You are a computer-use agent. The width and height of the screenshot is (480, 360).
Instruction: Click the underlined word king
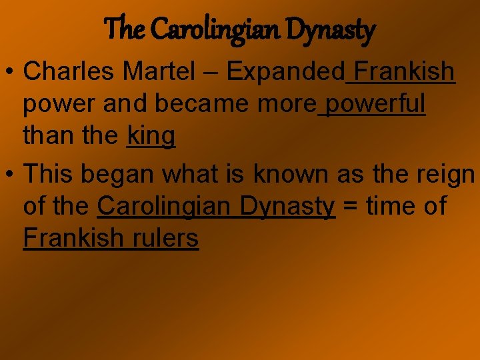151,137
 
